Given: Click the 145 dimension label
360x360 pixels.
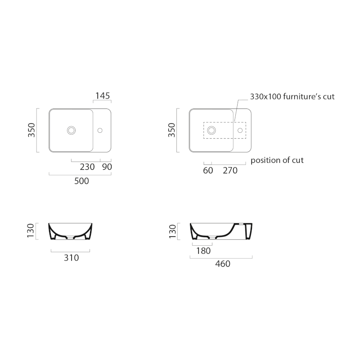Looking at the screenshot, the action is (x=103, y=96).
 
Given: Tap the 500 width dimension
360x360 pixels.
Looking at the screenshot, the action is (x=81, y=181).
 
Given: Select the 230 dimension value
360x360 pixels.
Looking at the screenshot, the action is (x=87, y=167).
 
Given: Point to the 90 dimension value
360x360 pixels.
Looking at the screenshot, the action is (x=107, y=167).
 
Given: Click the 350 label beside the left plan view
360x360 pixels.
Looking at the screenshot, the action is (x=31, y=130).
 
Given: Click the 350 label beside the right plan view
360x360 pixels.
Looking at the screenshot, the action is (x=171, y=130).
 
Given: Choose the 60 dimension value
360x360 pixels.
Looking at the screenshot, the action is (x=208, y=171).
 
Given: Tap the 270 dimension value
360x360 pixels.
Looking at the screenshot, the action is (x=230, y=171).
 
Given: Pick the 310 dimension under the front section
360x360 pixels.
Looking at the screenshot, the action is (x=72, y=258).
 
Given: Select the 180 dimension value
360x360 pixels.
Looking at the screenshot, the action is (x=203, y=251).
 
